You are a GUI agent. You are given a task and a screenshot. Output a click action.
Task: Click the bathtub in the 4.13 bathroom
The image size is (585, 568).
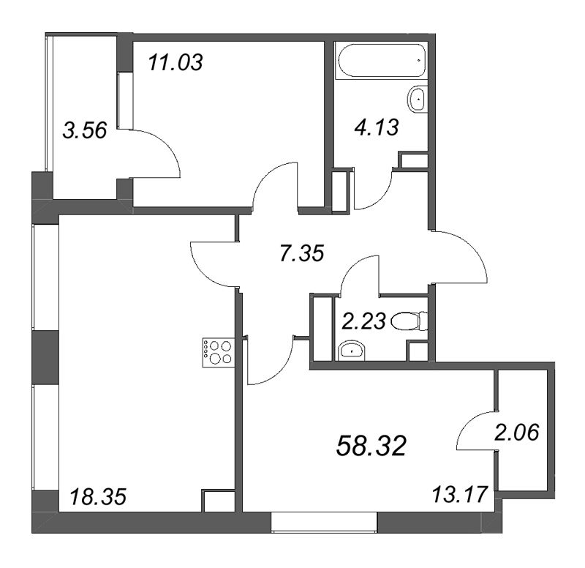pos(381,60)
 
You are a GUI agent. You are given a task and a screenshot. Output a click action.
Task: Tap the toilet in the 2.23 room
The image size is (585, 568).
pos(409,321)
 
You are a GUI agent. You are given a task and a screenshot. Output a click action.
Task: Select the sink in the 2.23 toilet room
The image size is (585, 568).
pos(352,351)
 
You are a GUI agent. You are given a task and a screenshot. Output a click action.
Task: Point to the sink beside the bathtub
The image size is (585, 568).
pos(417,99)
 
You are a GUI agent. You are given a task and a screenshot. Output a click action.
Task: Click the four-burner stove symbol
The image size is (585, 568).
pos(218,353)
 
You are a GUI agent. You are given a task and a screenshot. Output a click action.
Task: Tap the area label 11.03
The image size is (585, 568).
pos(175,62)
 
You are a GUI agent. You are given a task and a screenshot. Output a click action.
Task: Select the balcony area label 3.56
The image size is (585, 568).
pos(85,131)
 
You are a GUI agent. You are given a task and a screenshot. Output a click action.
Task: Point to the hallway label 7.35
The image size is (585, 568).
pos(302,253)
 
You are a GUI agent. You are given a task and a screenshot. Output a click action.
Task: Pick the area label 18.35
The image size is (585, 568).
pos(99,498)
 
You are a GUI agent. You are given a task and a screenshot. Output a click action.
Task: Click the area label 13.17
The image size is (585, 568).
pos(460,494)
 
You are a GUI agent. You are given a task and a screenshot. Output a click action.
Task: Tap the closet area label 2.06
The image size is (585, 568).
pos(517,433)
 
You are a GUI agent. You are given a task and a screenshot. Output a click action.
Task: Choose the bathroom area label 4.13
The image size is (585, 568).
pos(376,127)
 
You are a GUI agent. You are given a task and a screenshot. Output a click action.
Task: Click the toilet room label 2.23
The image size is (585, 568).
pos(363,321)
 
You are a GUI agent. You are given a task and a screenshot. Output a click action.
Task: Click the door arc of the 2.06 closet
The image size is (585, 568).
pos(468,422)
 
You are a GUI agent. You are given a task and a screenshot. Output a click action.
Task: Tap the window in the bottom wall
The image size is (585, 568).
pos(324,522)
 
